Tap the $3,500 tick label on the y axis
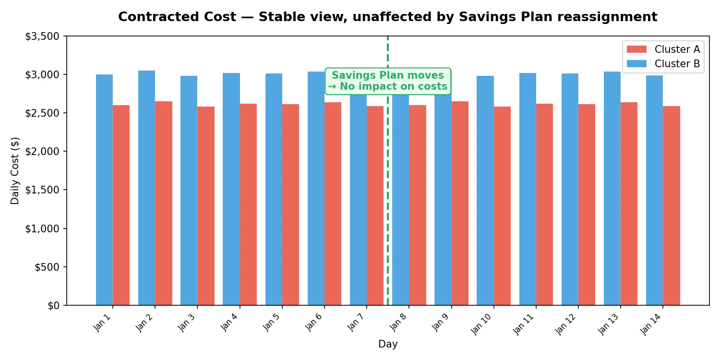[42, 36]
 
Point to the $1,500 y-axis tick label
[42, 190]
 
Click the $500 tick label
[47, 267]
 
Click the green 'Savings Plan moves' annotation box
[387, 81]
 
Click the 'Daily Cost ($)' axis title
[15, 170]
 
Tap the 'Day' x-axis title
[388, 344]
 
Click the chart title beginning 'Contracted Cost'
[387, 17]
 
